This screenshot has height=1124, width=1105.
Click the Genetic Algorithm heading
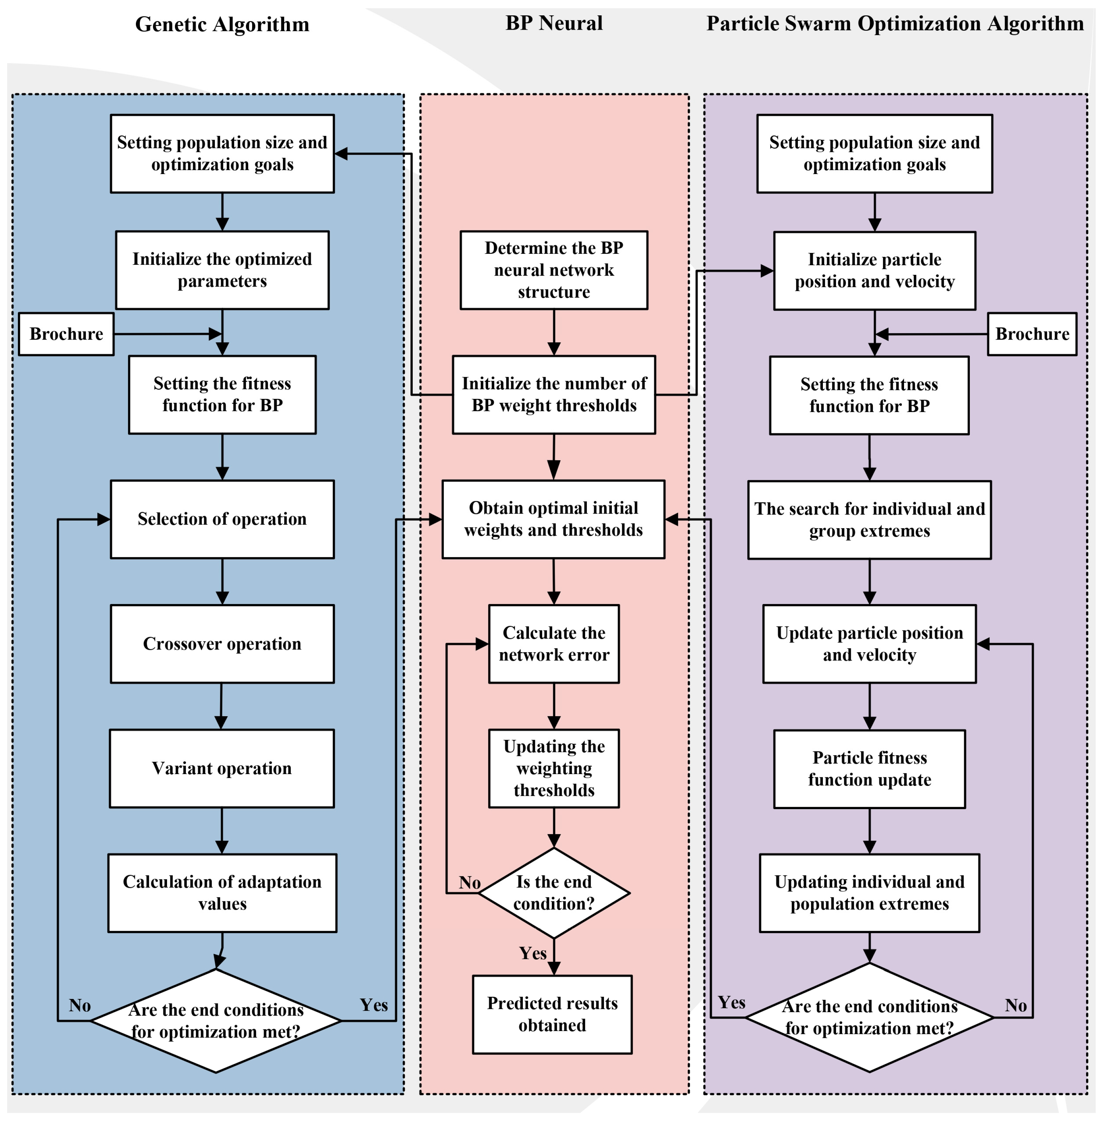pyautogui.click(x=222, y=24)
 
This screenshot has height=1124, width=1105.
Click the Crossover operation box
pyautogui.click(x=222, y=644)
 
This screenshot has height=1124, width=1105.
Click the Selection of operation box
pyautogui.click(x=222, y=519)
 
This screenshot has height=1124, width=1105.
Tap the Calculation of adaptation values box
pyautogui.click(x=222, y=893)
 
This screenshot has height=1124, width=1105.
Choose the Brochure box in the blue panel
pyautogui.click(x=66, y=334)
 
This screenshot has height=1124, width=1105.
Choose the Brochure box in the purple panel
pyautogui.click(x=1032, y=334)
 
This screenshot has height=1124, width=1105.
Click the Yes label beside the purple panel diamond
pyautogui.click(x=731, y=1002)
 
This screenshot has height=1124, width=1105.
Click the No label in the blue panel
pyautogui.click(x=79, y=1005)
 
